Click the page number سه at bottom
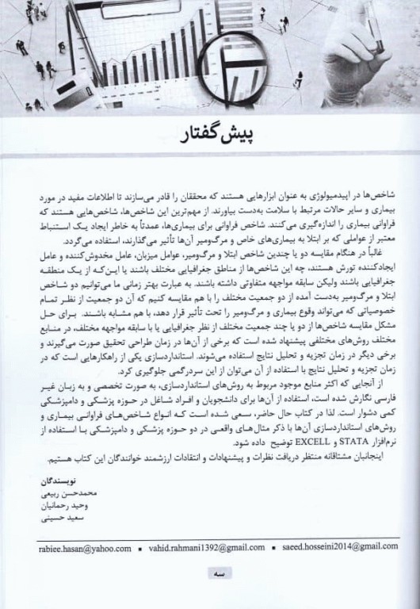pyautogui.click(x=209, y=573)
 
